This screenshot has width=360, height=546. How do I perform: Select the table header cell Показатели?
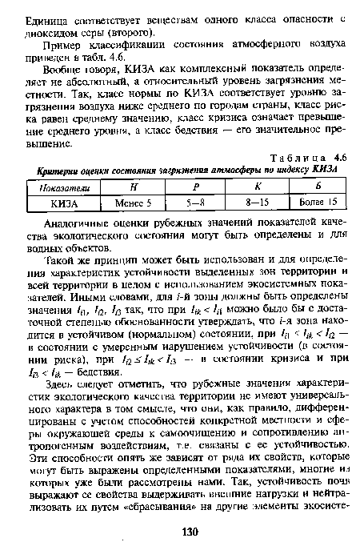point(62,187)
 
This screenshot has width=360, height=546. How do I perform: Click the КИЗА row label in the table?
point(62,202)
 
